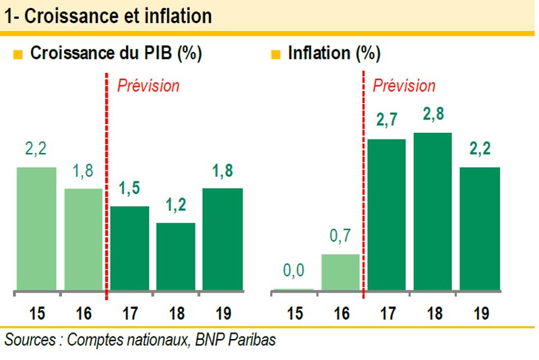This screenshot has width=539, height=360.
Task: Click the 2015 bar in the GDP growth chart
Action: tap(36, 229)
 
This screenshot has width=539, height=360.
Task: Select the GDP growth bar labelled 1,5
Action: tap(129, 249)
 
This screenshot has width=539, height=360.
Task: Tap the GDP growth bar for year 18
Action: tap(176, 258)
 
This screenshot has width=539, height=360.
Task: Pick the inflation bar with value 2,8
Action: tap(432, 212)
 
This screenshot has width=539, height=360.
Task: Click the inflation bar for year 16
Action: tap(340, 272)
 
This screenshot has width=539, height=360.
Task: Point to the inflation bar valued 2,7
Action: tap(386, 215)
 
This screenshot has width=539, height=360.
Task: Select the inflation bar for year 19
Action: tap(480, 229)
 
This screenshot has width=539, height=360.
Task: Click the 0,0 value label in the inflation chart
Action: tap(294, 271)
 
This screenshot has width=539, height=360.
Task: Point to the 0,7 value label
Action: tap(340, 237)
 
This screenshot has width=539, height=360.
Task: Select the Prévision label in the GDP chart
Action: tap(148, 86)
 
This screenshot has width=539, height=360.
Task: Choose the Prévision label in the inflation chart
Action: tap(404, 86)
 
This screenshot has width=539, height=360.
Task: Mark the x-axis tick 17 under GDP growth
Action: tap(129, 313)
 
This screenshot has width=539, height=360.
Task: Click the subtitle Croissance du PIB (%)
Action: tap(116, 54)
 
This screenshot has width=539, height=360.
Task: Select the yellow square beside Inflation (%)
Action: tap(275, 55)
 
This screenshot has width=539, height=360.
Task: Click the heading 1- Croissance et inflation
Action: tap(108, 16)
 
